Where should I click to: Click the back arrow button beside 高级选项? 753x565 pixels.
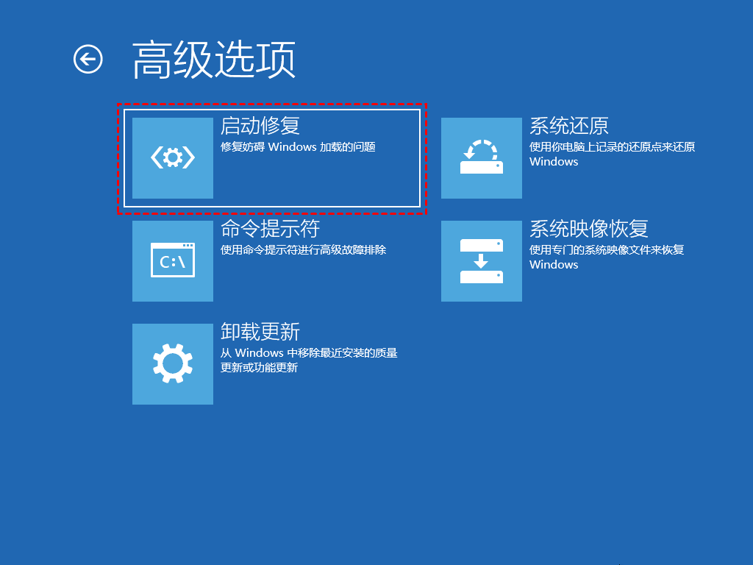click(x=88, y=60)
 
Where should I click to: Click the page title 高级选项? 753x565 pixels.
click(x=214, y=60)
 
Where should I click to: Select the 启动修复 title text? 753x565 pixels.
click(x=260, y=126)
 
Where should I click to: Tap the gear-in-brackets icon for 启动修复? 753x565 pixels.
click(x=173, y=157)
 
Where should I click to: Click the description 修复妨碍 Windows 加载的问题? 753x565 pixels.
click(x=298, y=147)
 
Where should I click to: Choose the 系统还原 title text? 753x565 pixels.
click(x=569, y=126)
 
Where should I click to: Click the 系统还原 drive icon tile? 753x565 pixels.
click(x=482, y=157)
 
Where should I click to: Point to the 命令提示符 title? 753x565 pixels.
click(x=270, y=229)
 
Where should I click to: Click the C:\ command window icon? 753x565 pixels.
click(x=173, y=260)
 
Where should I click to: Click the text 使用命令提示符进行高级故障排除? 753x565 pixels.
click(x=303, y=250)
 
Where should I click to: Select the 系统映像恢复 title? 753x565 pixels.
click(x=589, y=229)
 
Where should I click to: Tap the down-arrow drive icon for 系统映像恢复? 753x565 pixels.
click(x=482, y=260)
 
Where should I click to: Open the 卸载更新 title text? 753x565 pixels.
click(x=260, y=332)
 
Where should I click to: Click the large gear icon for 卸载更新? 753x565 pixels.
click(x=173, y=363)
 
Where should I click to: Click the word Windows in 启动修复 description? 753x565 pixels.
click(x=292, y=147)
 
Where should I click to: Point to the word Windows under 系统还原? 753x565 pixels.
click(x=554, y=162)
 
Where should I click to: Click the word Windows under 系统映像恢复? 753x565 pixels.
click(x=554, y=265)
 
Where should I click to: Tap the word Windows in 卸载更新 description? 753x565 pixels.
click(x=260, y=353)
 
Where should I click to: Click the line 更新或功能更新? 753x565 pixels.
click(x=259, y=368)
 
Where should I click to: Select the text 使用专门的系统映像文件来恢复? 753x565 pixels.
click(x=607, y=250)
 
